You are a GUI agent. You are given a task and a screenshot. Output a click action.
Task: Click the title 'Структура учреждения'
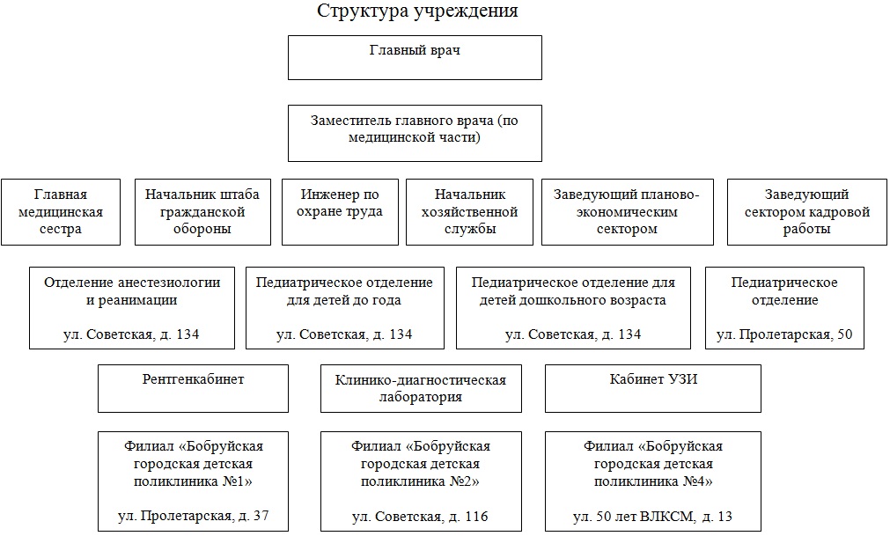pyautogui.click(x=417, y=11)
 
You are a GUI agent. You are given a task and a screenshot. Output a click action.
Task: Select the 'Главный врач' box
pyautogui.click(x=415, y=58)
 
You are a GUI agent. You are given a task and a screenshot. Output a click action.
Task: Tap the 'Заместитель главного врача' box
pyautogui.click(x=415, y=133)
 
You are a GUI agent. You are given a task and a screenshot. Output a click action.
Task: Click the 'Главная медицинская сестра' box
pyautogui.click(x=61, y=212)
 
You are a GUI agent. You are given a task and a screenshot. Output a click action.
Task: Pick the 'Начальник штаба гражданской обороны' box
pyautogui.click(x=202, y=212)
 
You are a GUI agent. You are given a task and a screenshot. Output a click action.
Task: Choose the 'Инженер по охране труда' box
pyautogui.click(x=340, y=212)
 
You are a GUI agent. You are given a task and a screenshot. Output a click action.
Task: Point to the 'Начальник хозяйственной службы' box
pyautogui.click(x=469, y=212)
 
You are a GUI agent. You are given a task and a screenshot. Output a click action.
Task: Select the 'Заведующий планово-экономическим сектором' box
pyautogui.click(x=627, y=212)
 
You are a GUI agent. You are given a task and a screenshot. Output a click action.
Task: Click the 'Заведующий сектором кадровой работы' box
pyautogui.click(x=806, y=212)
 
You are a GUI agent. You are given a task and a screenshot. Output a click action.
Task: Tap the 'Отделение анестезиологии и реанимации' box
pyautogui.click(x=132, y=308)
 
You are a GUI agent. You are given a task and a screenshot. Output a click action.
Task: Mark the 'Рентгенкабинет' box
pyautogui.click(x=193, y=388)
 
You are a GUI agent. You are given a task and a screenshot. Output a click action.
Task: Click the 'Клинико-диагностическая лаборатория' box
pyautogui.click(x=421, y=388)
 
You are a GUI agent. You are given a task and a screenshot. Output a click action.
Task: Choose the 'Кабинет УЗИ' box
pyautogui.click(x=652, y=388)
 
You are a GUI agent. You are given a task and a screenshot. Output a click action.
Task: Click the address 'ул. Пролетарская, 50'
pyautogui.click(x=784, y=334)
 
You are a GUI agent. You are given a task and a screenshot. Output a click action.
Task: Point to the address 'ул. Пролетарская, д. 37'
pyautogui.click(x=193, y=516)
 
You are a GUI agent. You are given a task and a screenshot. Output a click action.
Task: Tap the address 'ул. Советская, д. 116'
pyautogui.click(x=420, y=517)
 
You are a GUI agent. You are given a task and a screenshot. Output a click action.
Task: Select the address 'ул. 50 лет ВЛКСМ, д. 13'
pyautogui.click(x=652, y=517)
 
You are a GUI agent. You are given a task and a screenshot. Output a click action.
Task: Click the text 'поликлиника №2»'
pyautogui.click(x=420, y=481)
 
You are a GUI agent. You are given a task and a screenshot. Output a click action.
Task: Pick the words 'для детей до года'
pyautogui.click(x=344, y=301)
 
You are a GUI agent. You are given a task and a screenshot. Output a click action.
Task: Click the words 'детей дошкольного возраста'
pyautogui.click(x=573, y=301)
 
